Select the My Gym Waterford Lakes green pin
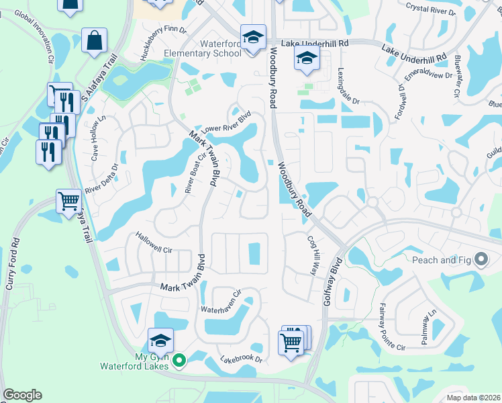point(179,361)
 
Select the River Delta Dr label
point(107,175)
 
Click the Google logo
point(22,395)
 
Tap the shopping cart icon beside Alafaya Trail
point(69,201)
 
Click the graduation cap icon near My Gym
point(161,341)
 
